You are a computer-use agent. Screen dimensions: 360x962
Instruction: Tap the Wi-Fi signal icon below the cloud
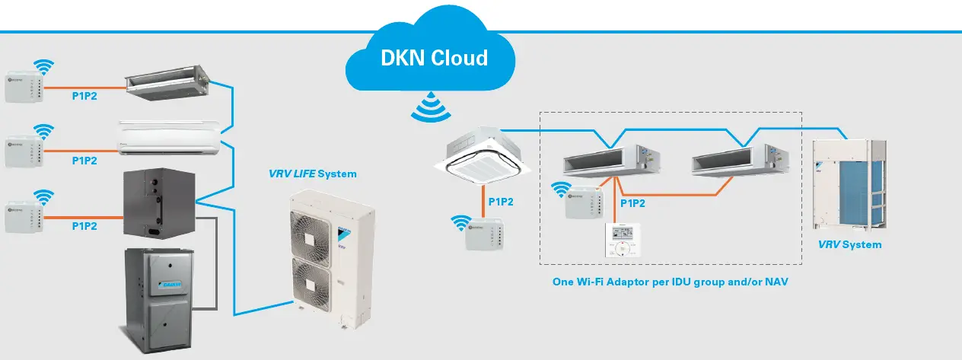(428, 107)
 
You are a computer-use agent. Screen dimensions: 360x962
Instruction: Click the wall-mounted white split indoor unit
(171, 137)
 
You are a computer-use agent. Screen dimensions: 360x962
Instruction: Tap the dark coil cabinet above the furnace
(158, 204)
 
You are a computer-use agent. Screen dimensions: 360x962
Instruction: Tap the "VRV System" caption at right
(849, 245)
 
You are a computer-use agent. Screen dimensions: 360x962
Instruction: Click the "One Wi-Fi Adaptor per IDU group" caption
(669, 282)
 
